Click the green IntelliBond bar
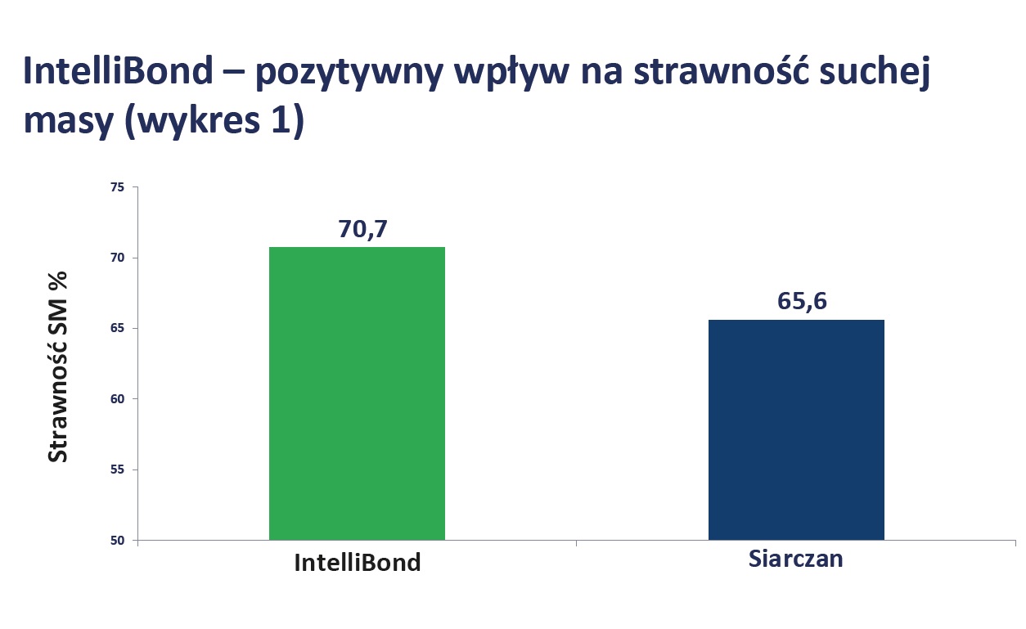pos(357,393)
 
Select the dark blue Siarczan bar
pos(796,429)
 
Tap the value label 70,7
pos(362,229)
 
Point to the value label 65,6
pos(802,301)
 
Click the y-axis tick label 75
pos(117,187)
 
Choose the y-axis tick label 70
pos(117,258)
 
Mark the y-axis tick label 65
pos(117,329)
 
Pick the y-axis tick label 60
pos(117,399)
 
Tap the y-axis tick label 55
pos(117,470)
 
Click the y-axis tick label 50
pos(117,541)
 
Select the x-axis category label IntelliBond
pos(358,563)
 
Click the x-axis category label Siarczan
pos(795,559)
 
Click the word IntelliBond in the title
pos(118,72)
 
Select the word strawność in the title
pos(717,72)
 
